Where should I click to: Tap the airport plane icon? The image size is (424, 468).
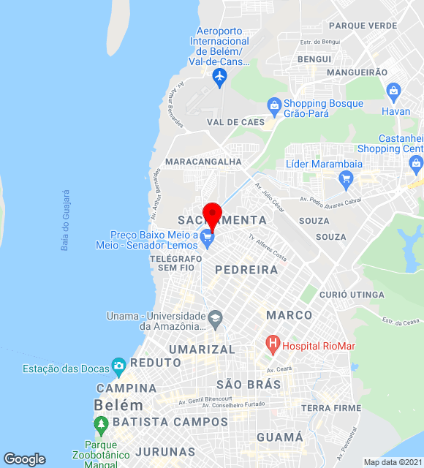[x=219, y=76]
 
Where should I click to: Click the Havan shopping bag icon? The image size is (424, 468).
[x=394, y=92]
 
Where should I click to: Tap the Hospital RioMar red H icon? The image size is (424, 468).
[x=273, y=343]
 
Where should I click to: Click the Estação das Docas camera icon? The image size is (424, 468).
[x=118, y=365]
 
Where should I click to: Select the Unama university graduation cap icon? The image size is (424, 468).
[x=215, y=318]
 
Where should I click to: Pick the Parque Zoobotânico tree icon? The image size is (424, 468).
[x=101, y=423]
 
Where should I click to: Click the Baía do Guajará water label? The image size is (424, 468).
[x=65, y=220]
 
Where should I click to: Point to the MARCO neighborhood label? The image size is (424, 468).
[x=289, y=315]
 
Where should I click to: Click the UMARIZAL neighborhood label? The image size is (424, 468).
[x=202, y=350]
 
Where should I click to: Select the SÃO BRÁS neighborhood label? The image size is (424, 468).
[x=249, y=384]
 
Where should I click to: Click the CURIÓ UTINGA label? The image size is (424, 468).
[x=352, y=295]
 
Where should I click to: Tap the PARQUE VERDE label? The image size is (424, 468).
[x=363, y=26]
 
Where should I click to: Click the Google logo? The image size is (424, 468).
[x=24, y=459]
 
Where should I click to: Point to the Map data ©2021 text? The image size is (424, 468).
[x=393, y=462]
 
